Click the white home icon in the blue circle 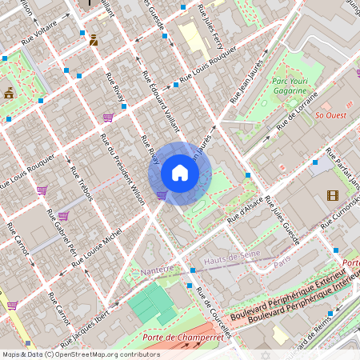pos(180,173)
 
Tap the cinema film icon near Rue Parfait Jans pos(332,195)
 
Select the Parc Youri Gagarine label pos(290,86)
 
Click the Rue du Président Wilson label pos(122,168)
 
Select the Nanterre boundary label pos(156,270)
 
